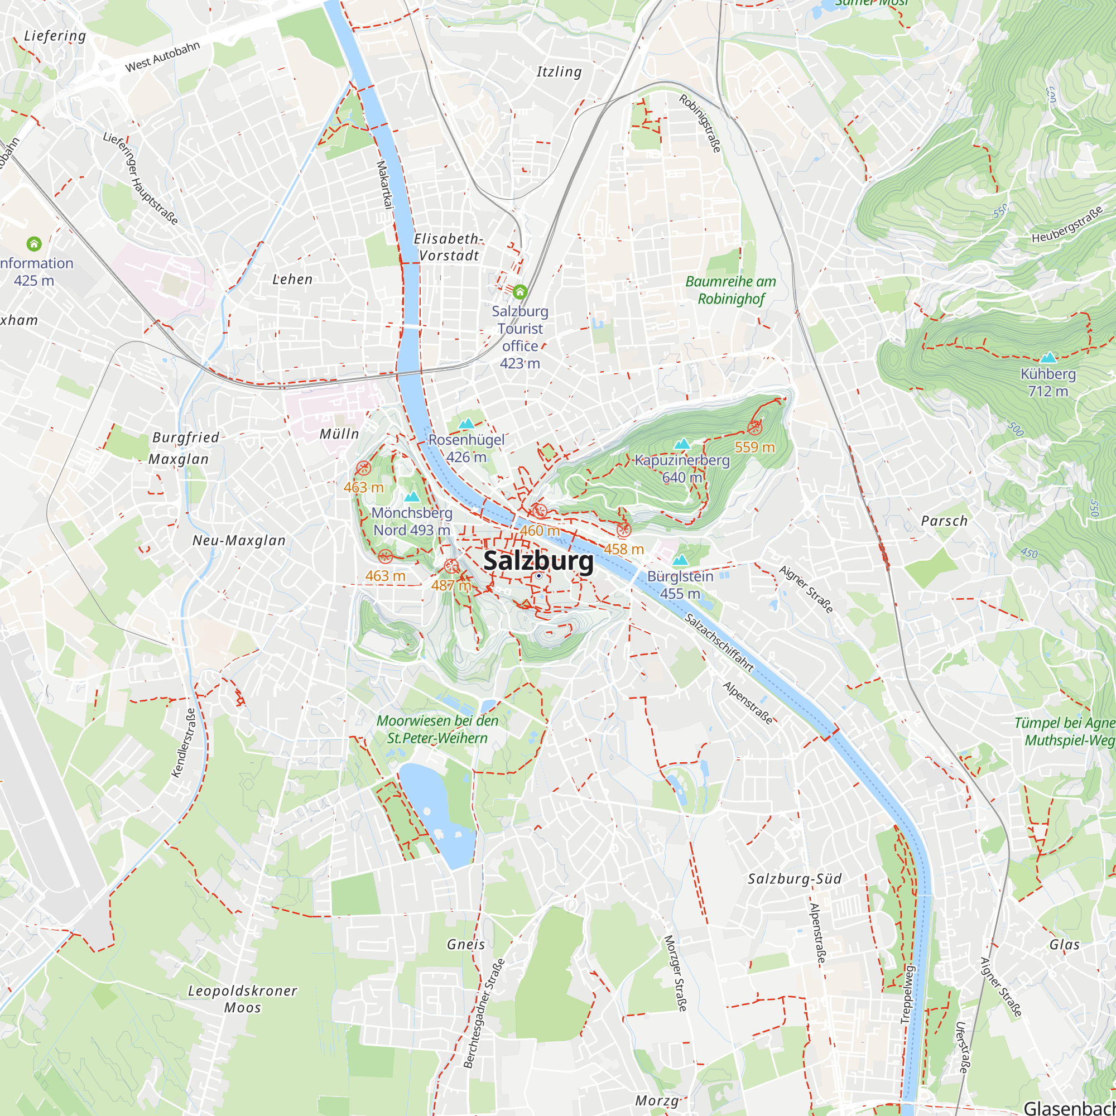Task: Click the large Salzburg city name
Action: [x=538, y=561]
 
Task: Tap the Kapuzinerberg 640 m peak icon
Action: [x=682, y=444]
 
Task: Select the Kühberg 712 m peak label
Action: [x=1048, y=382]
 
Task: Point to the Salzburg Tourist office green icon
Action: [x=520, y=292]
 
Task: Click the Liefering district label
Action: [x=55, y=36]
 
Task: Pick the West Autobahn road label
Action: [x=162, y=56]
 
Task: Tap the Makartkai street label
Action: [x=384, y=184]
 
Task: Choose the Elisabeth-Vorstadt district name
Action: [x=448, y=247]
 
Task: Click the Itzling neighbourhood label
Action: [x=559, y=71]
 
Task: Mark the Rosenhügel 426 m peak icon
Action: [x=466, y=424]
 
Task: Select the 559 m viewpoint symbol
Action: [x=754, y=428]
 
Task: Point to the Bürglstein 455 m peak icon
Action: [x=680, y=560]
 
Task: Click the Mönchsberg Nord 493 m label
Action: [x=412, y=521]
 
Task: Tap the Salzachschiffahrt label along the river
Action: [x=719, y=643]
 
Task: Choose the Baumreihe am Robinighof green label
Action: [x=731, y=290]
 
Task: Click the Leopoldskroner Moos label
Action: [x=243, y=999]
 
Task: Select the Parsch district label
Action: [x=945, y=521]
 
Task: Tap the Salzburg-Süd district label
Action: [x=795, y=879]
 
